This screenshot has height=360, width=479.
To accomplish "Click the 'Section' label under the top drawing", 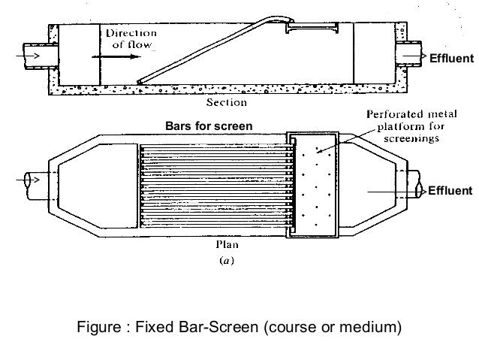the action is (227, 102).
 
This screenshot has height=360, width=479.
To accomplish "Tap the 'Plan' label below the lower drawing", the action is (227, 244).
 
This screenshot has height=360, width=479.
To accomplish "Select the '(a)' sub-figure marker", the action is (227, 260).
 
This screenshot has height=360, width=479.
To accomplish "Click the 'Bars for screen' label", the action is (209, 126).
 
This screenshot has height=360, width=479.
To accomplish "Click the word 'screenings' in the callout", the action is (411, 138).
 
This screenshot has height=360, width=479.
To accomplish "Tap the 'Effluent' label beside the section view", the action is (451, 58).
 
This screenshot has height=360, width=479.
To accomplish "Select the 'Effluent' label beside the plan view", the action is (450, 191).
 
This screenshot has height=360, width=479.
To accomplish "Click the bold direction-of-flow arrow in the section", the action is (116, 56).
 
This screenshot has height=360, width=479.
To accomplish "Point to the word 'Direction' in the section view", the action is (131, 33).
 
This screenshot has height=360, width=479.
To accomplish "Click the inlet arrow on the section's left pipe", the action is (28, 56).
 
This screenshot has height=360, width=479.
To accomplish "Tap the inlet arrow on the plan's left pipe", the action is (28, 180).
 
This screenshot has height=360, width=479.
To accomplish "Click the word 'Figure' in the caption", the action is (99, 327).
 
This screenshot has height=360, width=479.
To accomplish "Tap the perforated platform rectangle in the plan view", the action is (312, 185).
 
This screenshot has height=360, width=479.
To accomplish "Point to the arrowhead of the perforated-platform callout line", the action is (318, 151).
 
